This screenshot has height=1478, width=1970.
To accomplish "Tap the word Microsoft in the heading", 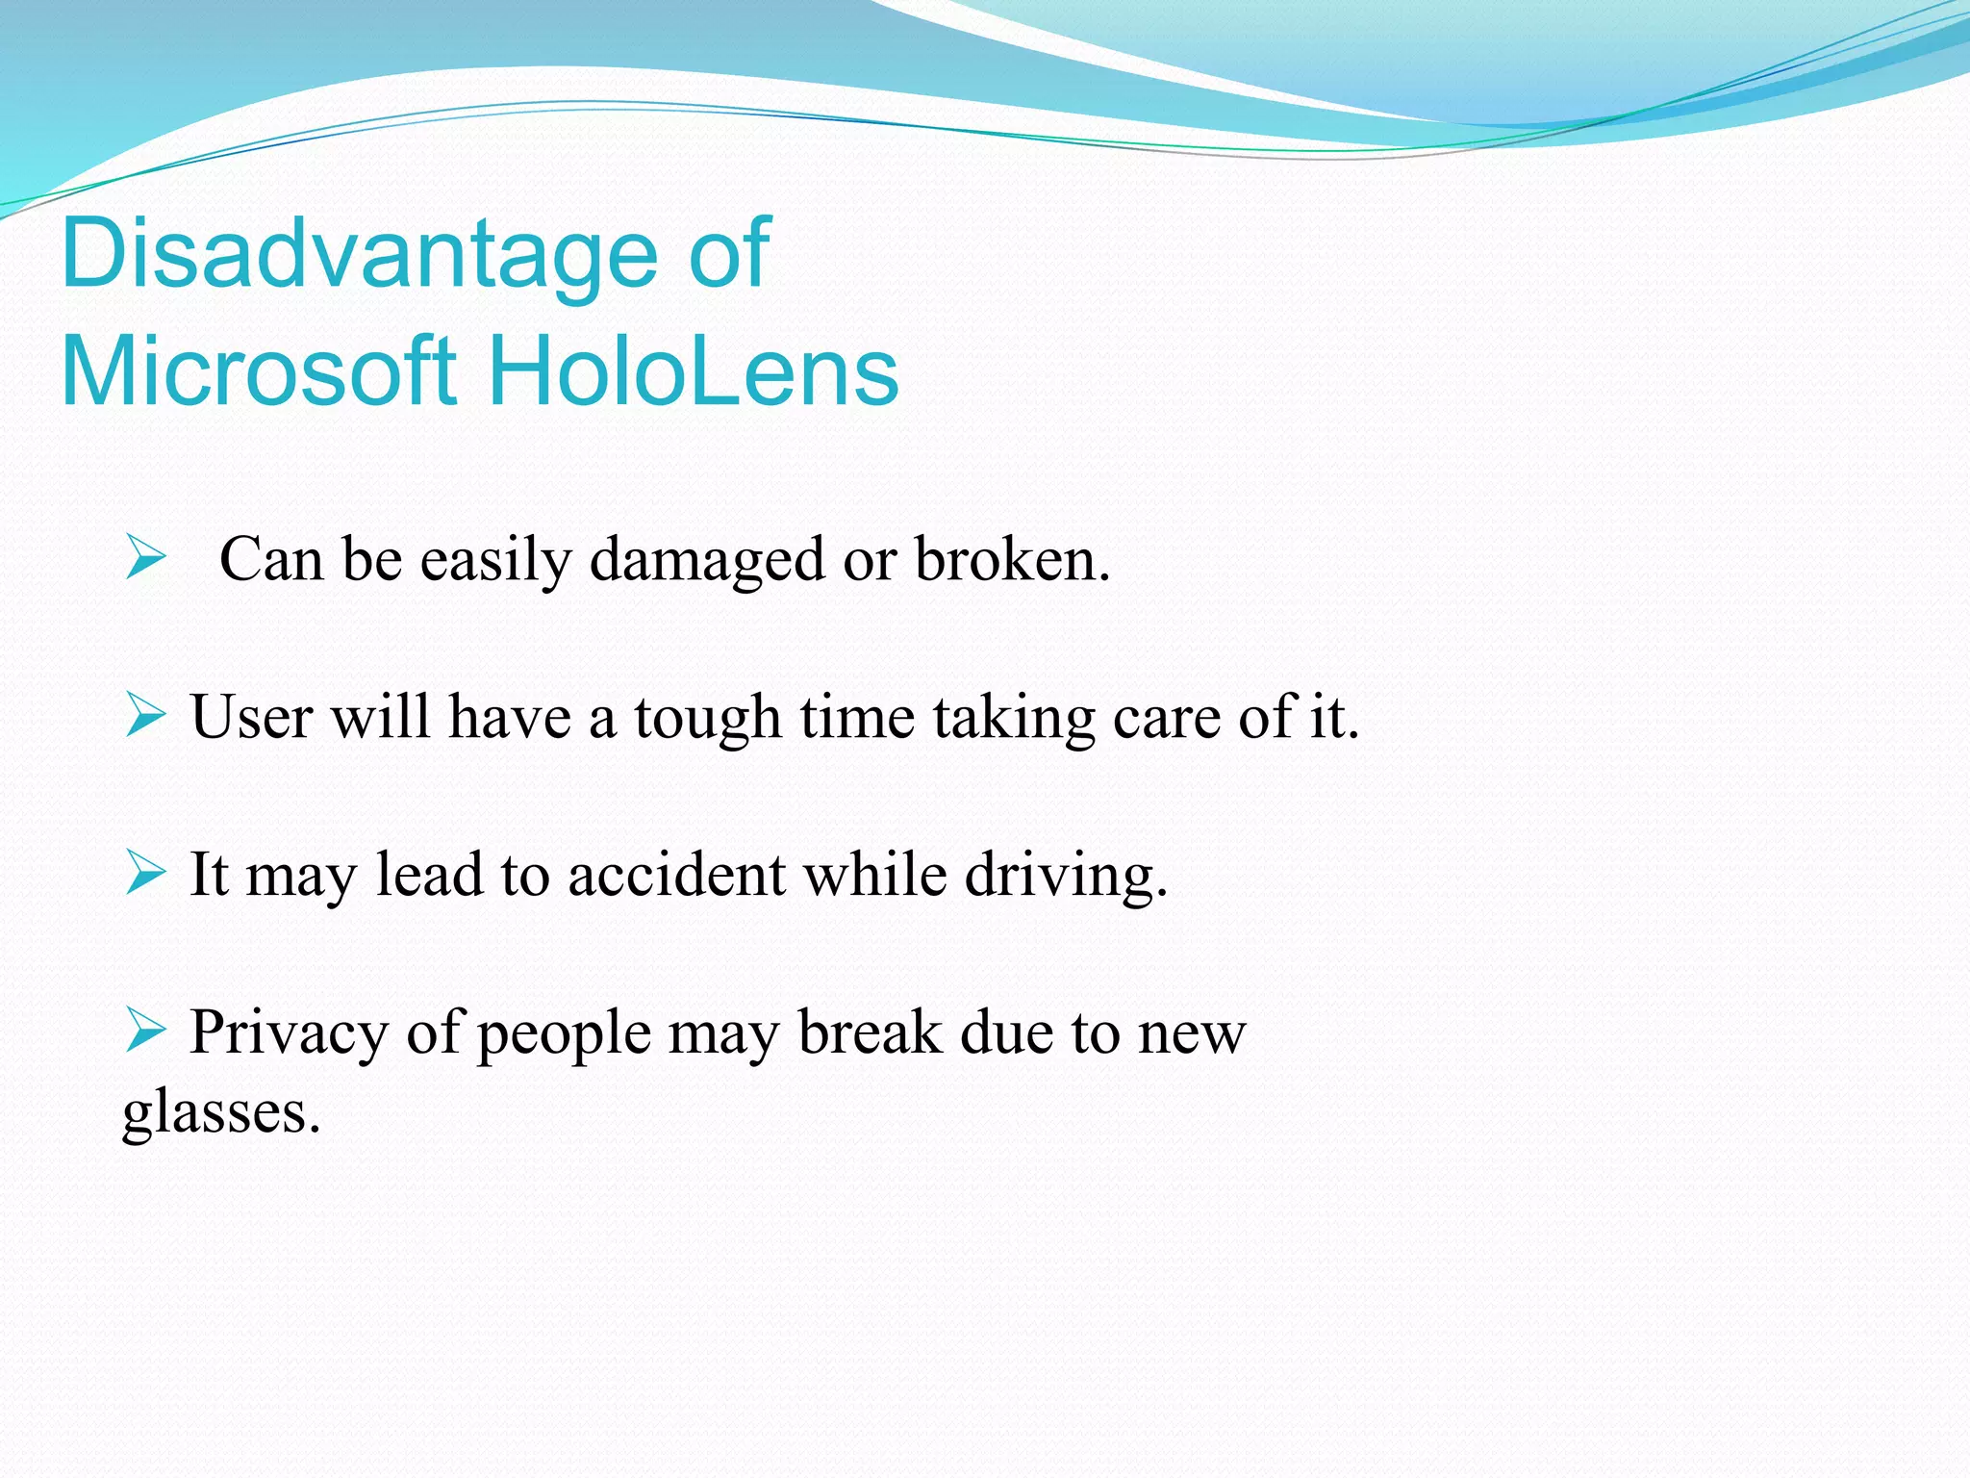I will pos(257,371).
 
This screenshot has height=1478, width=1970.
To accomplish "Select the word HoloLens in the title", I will pos(694,371).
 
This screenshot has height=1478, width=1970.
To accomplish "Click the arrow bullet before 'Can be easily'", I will pos(145,559).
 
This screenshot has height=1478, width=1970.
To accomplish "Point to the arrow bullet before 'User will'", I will pos(145,717).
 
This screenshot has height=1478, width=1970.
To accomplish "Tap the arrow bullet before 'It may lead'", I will pos(145,874).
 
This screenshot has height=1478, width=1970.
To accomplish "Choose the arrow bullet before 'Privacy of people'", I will pos(145,1032).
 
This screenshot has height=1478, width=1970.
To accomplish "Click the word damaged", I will pos(707,560).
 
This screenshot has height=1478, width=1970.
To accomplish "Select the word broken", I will pos(1011,559).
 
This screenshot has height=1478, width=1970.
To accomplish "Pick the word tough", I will pos(707,719).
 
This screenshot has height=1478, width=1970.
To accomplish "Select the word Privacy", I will pos(288,1034).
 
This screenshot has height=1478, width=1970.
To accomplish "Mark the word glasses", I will pos(221,1113).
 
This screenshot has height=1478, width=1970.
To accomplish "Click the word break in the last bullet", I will pos(871,1032).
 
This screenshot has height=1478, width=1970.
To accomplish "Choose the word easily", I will pos(495,561).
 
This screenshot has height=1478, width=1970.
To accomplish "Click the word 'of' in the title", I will pos(730,254).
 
